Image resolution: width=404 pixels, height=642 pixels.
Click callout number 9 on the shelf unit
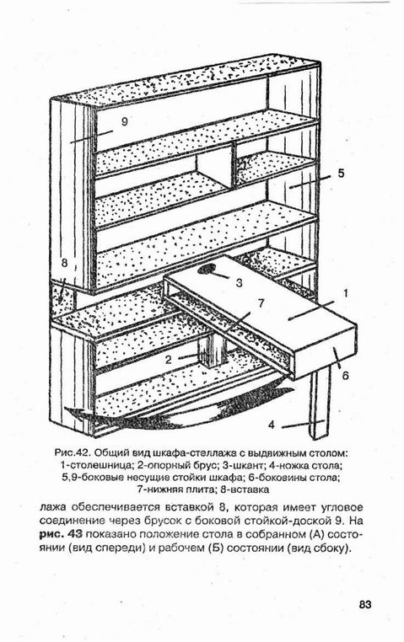[x=125, y=121]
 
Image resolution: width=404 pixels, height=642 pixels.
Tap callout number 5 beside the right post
[x=341, y=174]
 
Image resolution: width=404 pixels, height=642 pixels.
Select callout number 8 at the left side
[x=64, y=263]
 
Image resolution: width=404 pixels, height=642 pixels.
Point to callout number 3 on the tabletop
[x=240, y=282]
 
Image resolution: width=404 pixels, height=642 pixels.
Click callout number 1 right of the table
[x=345, y=293]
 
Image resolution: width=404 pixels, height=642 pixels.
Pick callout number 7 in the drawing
[x=261, y=303]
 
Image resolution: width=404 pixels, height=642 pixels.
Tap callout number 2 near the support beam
[x=169, y=360]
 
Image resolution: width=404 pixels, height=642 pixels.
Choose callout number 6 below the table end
[x=345, y=375]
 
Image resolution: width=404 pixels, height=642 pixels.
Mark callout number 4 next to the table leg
[x=272, y=425]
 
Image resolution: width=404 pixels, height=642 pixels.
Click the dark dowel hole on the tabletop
[x=207, y=269]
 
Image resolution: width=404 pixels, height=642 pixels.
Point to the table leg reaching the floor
[x=320, y=401]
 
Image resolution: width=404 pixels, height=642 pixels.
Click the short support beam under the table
[x=213, y=351]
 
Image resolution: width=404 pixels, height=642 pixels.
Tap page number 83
[x=365, y=604]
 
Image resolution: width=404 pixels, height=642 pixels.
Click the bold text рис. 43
[x=62, y=534]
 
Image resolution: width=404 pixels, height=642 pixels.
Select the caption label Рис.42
[x=72, y=453]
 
